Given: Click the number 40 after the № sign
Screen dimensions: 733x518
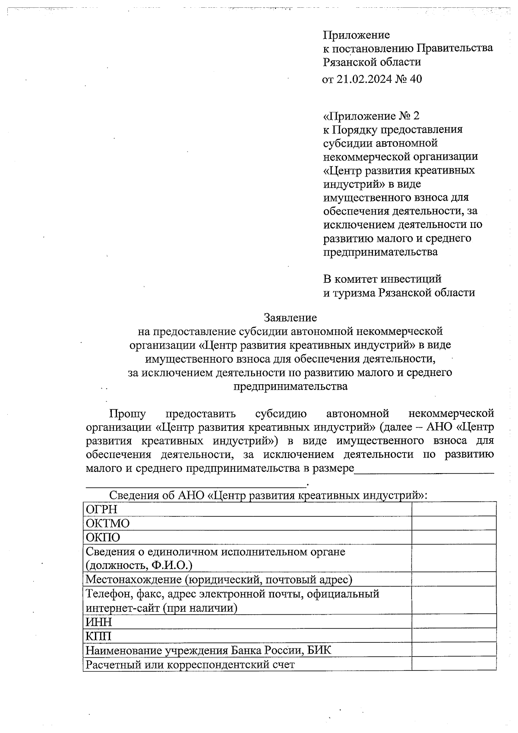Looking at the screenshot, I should click(415, 79).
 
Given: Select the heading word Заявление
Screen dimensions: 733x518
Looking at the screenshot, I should click(290, 318).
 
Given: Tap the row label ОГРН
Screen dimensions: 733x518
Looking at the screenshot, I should click(101, 509).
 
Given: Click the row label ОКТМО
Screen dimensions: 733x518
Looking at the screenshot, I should click(107, 523).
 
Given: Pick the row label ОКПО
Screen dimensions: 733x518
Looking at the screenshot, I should click(103, 537).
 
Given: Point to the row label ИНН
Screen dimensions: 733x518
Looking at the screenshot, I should click(99, 622).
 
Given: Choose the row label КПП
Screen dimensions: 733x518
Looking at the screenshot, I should click(98, 636).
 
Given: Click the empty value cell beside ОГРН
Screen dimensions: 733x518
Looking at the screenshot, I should click(454, 509).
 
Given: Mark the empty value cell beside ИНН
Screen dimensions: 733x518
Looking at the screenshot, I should click(454, 622).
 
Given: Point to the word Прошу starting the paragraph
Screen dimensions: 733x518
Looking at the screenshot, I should click(127, 414).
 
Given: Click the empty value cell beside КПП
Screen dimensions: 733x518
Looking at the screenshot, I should click(454, 636).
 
